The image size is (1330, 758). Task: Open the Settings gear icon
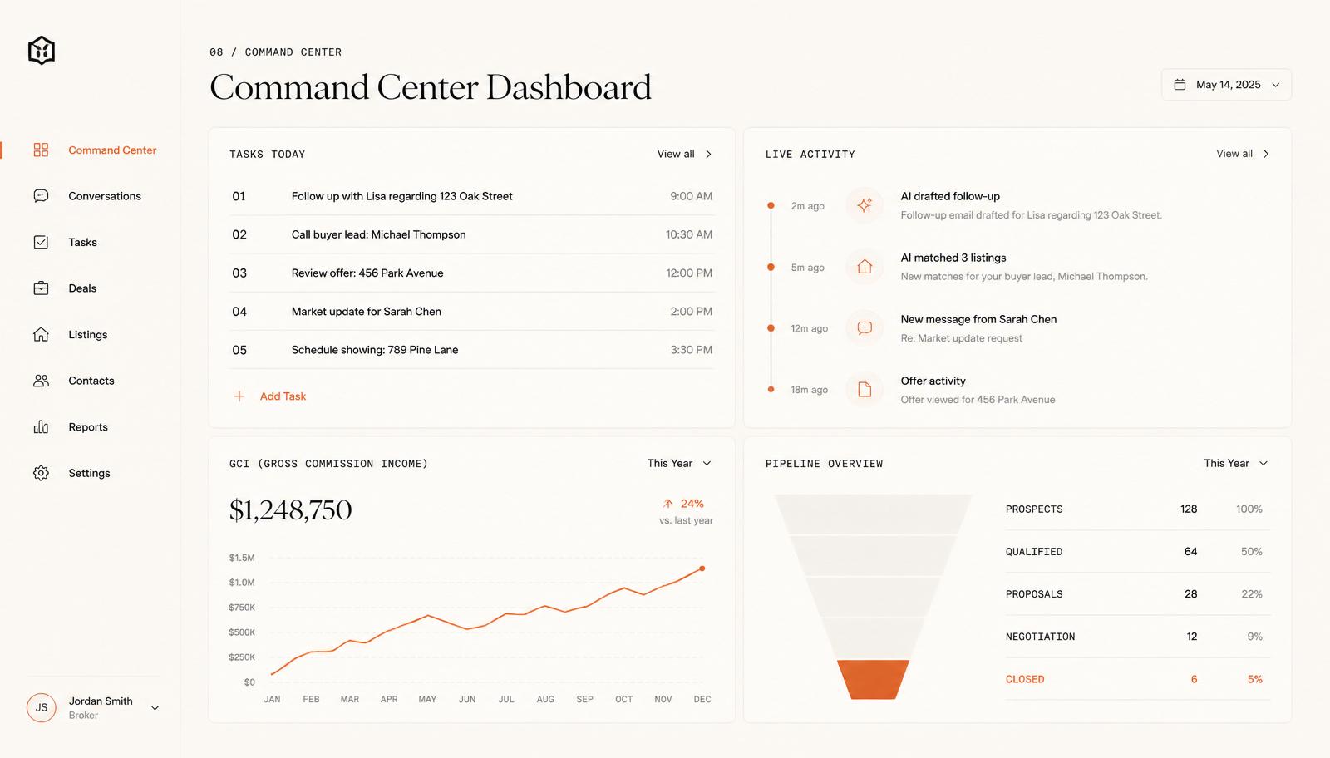tap(41, 473)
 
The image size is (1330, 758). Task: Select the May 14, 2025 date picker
tap(1227, 84)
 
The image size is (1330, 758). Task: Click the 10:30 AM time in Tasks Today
tap(689, 234)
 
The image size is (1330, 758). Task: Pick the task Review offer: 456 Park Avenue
tap(367, 273)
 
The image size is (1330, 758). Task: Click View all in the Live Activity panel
tap(1242, 154)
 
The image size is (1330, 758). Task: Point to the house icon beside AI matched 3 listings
tap(864, 267)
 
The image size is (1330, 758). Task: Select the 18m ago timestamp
tap(810, 389)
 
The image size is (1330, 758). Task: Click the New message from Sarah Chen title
tap(978, 319)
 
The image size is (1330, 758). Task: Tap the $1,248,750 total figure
tap(290, 509)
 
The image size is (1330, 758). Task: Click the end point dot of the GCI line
tap(702, 568)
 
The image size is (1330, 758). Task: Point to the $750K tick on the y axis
tap(242, 608)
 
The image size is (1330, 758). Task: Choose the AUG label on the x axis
tap(545, 699)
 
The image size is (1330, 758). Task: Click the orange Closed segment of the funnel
tap(873, 679)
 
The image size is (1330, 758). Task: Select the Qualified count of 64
tap(1190, 551)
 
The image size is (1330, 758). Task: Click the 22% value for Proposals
tap(1252, 594)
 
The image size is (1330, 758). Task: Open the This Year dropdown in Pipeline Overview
tap(1235, 463)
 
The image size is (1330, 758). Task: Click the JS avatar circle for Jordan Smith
tap(41, 707)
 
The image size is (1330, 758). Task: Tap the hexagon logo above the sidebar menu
tap(42, 51)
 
